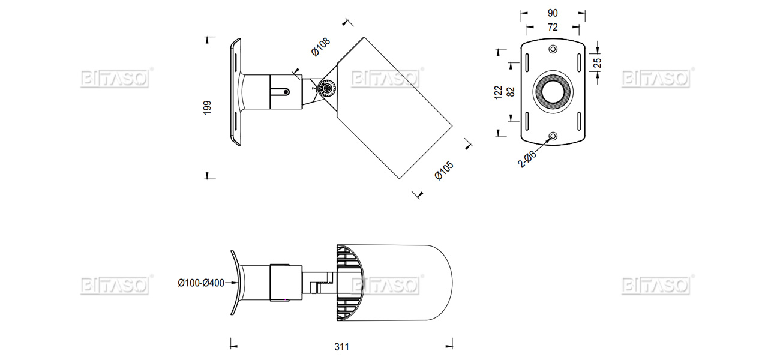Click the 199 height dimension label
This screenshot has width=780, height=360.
click(208, 107)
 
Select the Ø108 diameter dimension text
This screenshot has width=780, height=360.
click(320, 47)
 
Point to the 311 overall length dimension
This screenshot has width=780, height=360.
click(342, 346)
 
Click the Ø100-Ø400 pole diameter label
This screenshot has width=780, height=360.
click(200, 282)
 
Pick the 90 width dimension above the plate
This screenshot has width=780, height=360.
click(553, 13)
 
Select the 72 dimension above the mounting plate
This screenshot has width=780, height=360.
click(553, 27)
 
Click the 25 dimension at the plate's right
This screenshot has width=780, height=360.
click(598, 63)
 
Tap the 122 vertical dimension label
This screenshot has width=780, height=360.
click(499, 92)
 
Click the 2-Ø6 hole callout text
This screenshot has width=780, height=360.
click(527, 158)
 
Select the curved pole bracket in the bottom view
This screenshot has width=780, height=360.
click(235, 282)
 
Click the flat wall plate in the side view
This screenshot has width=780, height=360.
click(235, 92)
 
